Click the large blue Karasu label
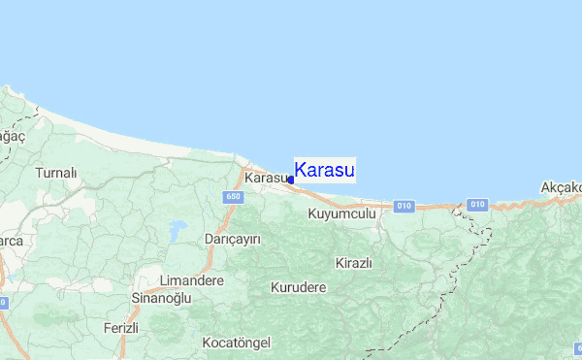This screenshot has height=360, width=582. [x=324, y=171]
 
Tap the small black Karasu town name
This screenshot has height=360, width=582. [x=267, y=179]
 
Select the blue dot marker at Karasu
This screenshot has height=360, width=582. [x=291, y=180]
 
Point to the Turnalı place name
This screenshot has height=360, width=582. [x=55, y=173]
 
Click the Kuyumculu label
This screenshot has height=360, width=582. [x=341, y=213]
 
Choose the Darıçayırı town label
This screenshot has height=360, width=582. [x=233, y=239]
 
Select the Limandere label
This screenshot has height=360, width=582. [x=191, y=280]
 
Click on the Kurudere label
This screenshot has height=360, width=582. [x=299, y=288]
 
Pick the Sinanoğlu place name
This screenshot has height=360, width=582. [x=161, y=299]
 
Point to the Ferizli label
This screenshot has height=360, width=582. [x=121, y=329]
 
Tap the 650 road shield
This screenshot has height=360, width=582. [x=231, y=197]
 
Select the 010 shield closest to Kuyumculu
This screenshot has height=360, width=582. [x=404, y=206]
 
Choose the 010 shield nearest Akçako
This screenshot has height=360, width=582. [x=475, y=205]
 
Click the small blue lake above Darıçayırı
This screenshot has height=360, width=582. [x=178, y=230]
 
